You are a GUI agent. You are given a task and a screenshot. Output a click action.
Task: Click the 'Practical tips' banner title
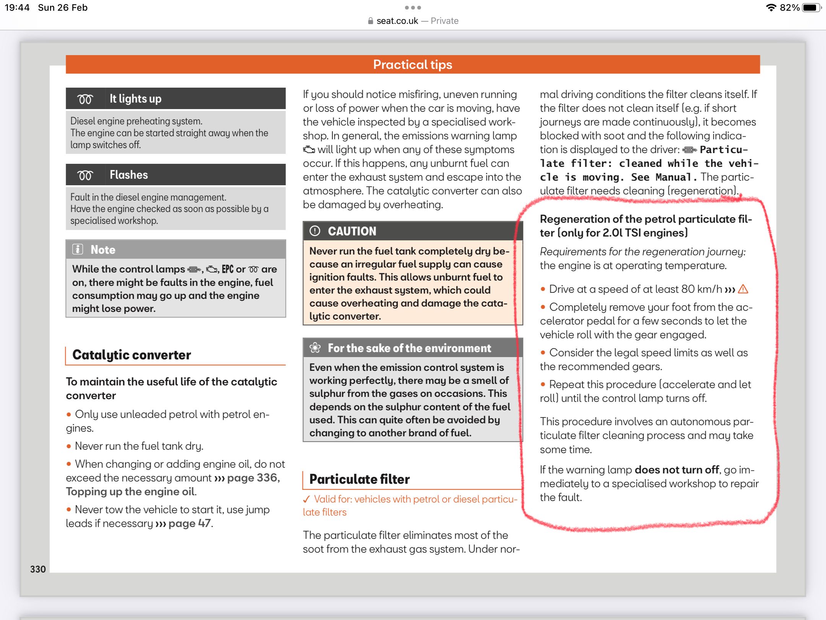[413, 65]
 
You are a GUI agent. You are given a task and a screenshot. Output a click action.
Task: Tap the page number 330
[38, 569]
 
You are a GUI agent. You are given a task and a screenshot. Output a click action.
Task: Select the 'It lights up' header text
[135, 99]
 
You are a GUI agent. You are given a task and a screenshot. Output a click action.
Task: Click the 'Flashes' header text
[128, 175]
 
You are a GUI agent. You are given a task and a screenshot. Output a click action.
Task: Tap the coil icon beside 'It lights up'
[85, 99]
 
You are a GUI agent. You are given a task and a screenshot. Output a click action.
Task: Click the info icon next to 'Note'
[78, 250]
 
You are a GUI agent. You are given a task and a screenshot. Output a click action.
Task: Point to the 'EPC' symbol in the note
[228, 269]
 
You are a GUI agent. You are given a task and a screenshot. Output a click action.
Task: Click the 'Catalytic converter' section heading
[132, 355]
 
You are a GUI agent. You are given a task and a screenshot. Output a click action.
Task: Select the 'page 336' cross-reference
[252, 478]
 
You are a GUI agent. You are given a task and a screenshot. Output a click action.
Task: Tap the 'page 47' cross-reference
[189, 523]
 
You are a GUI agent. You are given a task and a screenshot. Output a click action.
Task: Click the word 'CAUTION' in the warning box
[352, 231]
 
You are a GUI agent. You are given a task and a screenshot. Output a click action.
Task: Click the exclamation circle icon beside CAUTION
[315, 231]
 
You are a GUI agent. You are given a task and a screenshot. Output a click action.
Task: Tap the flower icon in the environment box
[315, 348]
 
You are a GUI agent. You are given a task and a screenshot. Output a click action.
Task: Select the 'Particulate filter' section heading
[359, 479]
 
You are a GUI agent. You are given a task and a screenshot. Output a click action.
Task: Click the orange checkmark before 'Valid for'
[306, 499]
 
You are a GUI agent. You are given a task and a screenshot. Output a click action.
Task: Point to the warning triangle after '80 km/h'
[743, 289]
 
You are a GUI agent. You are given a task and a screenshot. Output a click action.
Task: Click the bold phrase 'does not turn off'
[677, 470]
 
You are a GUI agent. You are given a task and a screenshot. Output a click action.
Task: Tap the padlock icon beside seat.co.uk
[370, 21]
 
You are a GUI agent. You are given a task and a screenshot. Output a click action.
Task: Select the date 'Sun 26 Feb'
[63, 8]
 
